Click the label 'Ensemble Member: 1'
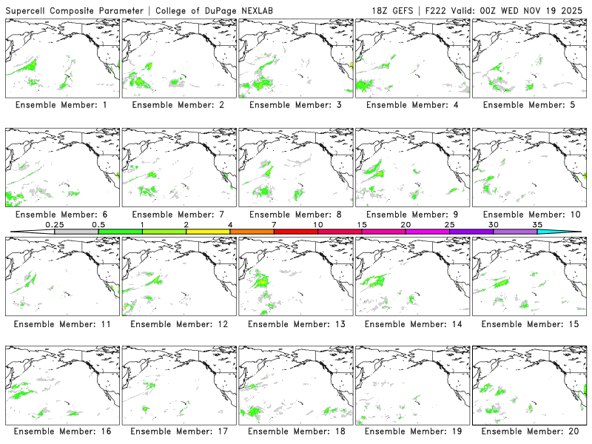click(x=61, y=105)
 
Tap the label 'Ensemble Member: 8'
click(x=295, y=215)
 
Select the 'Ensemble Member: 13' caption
click(x=295, y=324)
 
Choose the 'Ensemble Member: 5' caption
click(x=528, y=105)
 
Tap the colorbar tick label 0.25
click(x=54, y=224)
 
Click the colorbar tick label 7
click(x=274, y=224)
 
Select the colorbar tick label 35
click(x=537, y=224)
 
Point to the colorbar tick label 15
click(x=362, y=224)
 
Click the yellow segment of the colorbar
click(x=208, y=232)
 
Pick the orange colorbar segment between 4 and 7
click(x=252, y=232)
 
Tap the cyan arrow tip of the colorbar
click(x=570, y=232)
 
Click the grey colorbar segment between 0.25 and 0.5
click(x=76, y=232)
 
